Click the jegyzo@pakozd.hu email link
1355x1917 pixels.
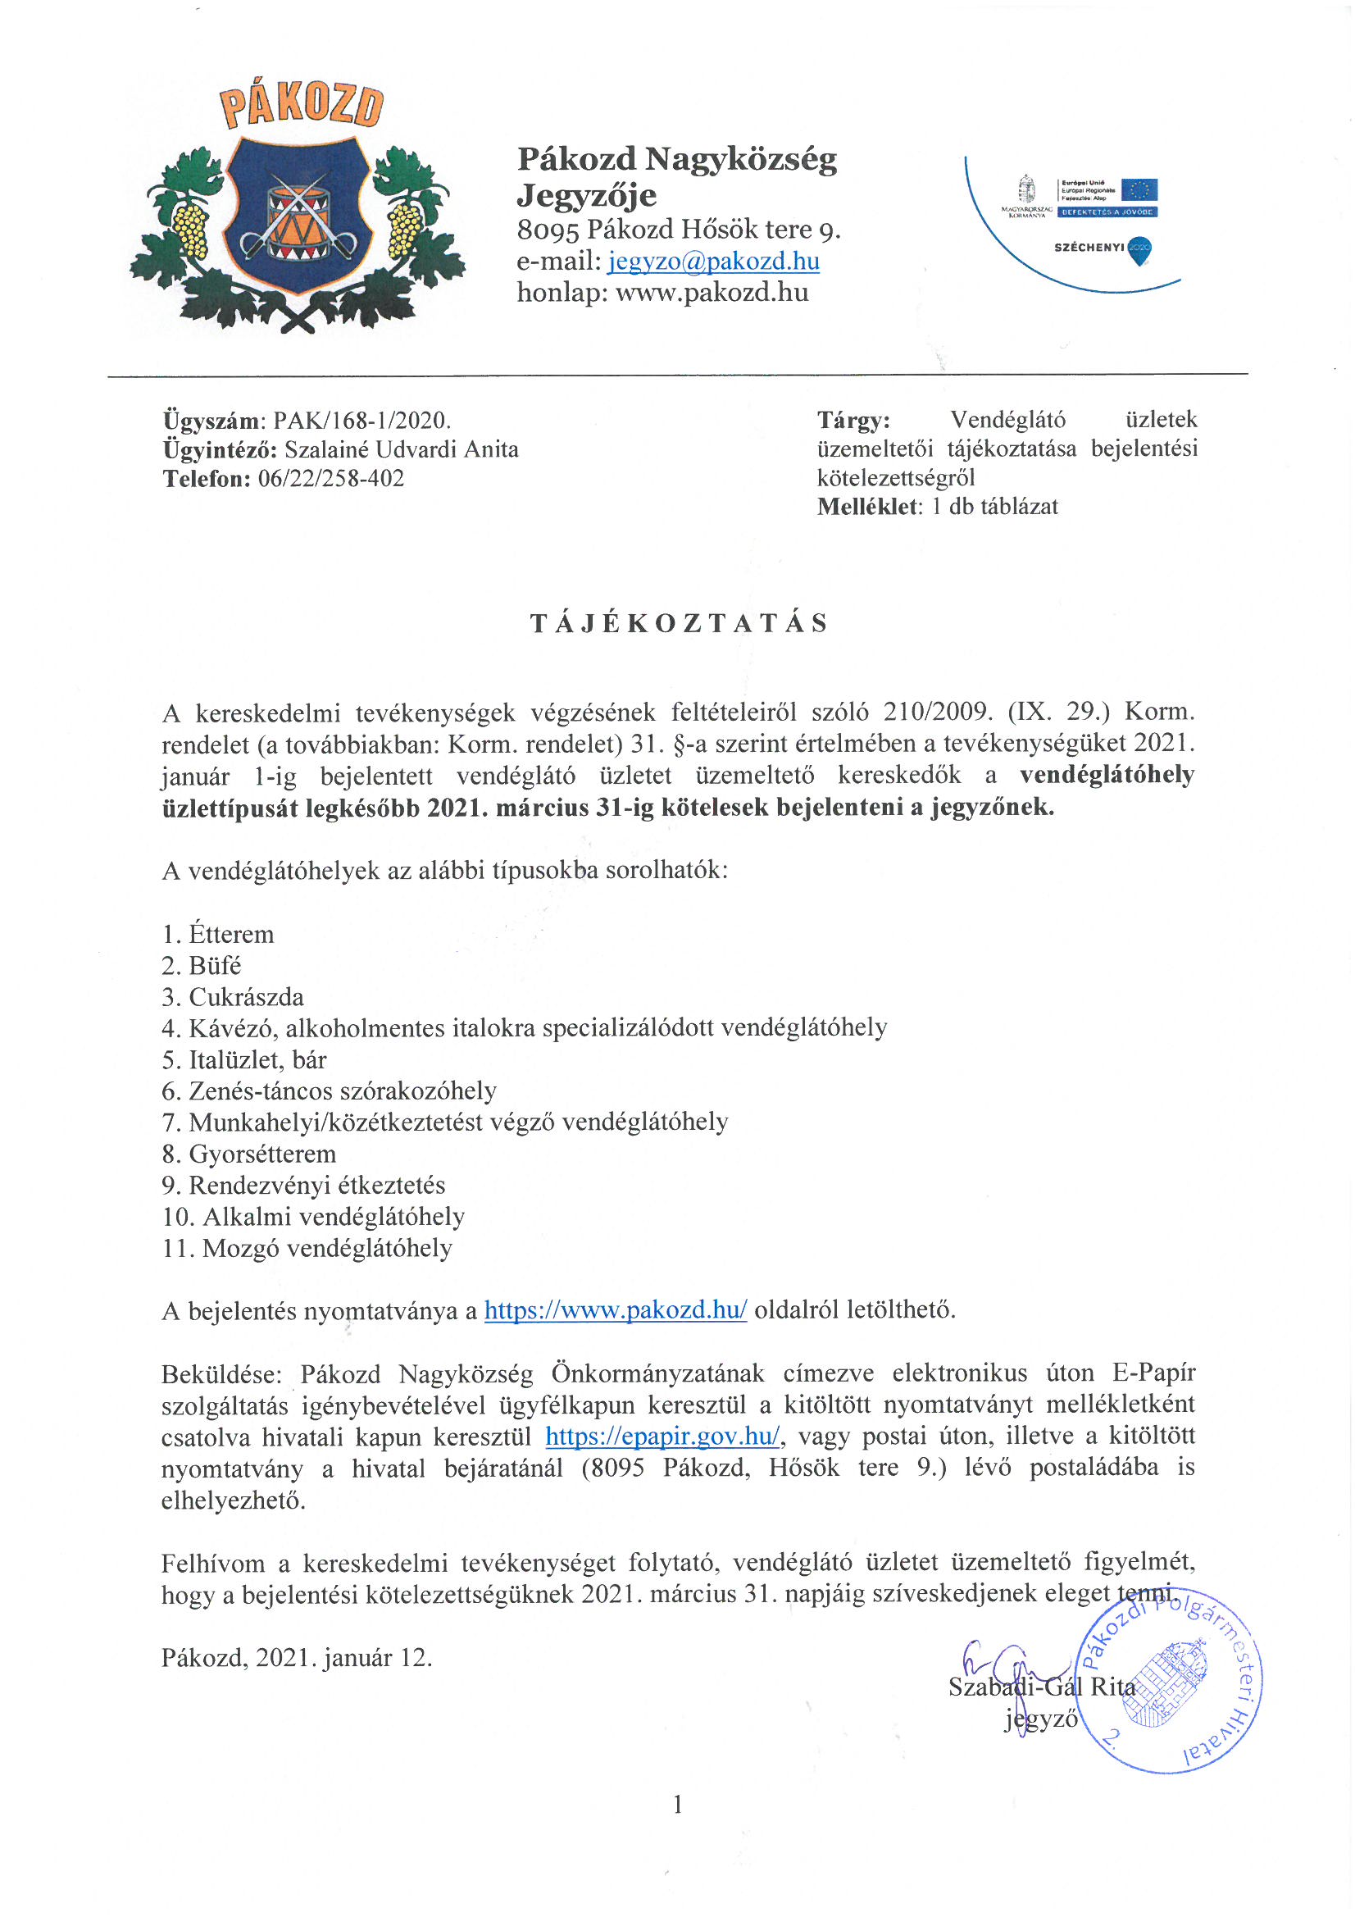tap(713, 262)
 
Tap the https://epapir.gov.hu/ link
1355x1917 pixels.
tap(663, 1436)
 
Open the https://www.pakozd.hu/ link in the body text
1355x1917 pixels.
tap(616, 1310)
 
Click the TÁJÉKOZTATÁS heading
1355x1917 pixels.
tap(679, 624)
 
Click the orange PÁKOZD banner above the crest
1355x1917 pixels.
tap(302, 105)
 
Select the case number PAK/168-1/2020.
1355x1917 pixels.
tap(361, 420)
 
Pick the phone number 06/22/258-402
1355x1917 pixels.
tap(331, 478)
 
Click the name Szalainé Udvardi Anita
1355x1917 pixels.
tap(402, 449)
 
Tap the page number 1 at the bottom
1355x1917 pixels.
tap(678, 1805)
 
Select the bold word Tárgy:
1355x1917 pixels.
tap(853, 419)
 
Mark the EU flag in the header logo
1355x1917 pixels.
tap(1139, 190)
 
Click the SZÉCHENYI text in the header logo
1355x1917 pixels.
tap(1089, 247)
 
